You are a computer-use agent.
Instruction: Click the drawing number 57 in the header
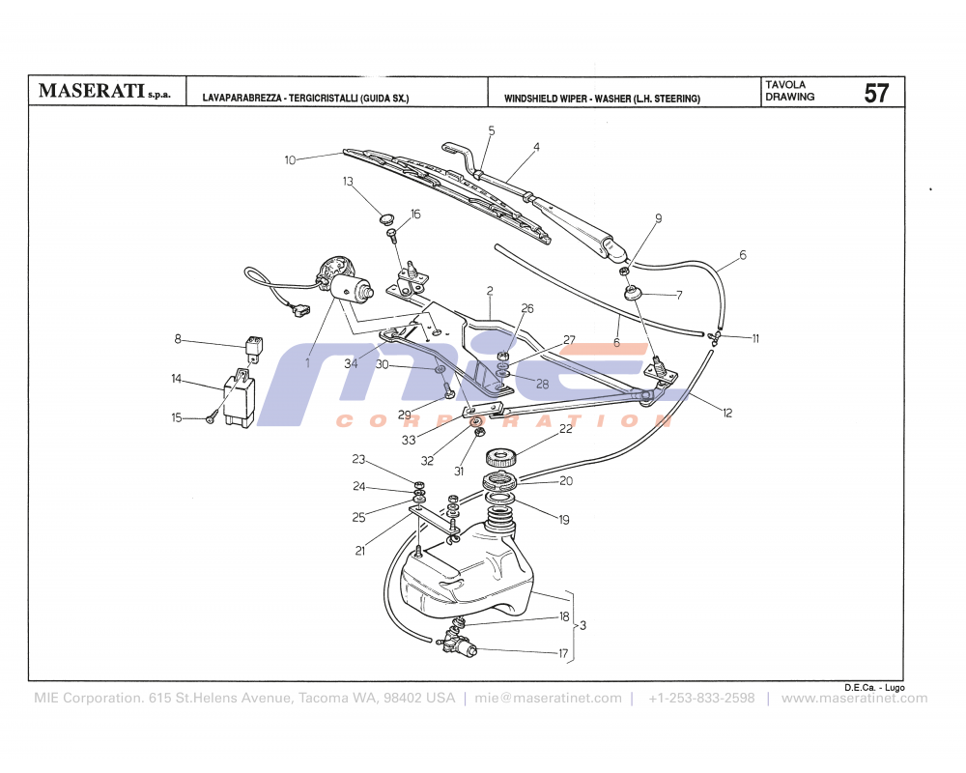point(876,94)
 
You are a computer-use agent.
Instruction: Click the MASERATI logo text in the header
point(92,92)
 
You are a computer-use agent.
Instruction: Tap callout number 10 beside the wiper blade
point(290,160)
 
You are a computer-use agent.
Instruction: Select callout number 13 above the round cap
point(348,182)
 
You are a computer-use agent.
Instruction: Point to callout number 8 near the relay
point(178,339)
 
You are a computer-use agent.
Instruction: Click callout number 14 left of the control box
point(177,379)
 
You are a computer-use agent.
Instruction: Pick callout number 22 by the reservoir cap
point(565,430)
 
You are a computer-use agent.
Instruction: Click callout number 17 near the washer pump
point(562,653)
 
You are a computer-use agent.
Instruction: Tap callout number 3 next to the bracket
point(582,626)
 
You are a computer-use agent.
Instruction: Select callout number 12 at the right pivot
point(726,413)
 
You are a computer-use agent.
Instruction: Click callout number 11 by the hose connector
point(755,338)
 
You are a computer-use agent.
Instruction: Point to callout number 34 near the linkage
point(351,363)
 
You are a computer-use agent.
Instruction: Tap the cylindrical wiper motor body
point(353,288)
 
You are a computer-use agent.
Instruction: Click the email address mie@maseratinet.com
point(549,699)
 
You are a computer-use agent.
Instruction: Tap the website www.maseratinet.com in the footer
point(854,699)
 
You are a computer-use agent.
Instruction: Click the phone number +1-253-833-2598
point(701,699)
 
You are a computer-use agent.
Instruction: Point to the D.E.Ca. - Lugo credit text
point(873,686)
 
